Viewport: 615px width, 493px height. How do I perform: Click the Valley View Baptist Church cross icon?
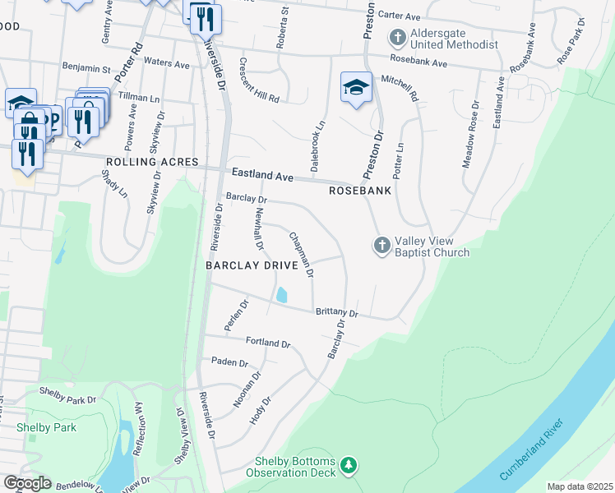(381, 245)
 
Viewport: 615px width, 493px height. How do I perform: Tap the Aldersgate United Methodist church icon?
(398, 38)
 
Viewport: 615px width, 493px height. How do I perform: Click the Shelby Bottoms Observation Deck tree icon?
(350, 466)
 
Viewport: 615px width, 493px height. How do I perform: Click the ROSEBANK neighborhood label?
(359, 190)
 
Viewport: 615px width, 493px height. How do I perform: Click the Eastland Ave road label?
(262, 174)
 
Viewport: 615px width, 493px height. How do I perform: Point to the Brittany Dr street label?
(336, 313)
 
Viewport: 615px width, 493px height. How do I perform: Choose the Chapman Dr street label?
(300, 254)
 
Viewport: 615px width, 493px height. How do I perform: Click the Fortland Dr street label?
(268, 342)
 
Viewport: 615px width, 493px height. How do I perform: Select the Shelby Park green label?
(46, 427)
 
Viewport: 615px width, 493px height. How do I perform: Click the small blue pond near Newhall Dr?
(282, 295)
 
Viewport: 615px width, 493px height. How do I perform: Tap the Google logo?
(26, 482)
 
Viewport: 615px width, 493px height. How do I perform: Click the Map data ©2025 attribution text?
(579, 486)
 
